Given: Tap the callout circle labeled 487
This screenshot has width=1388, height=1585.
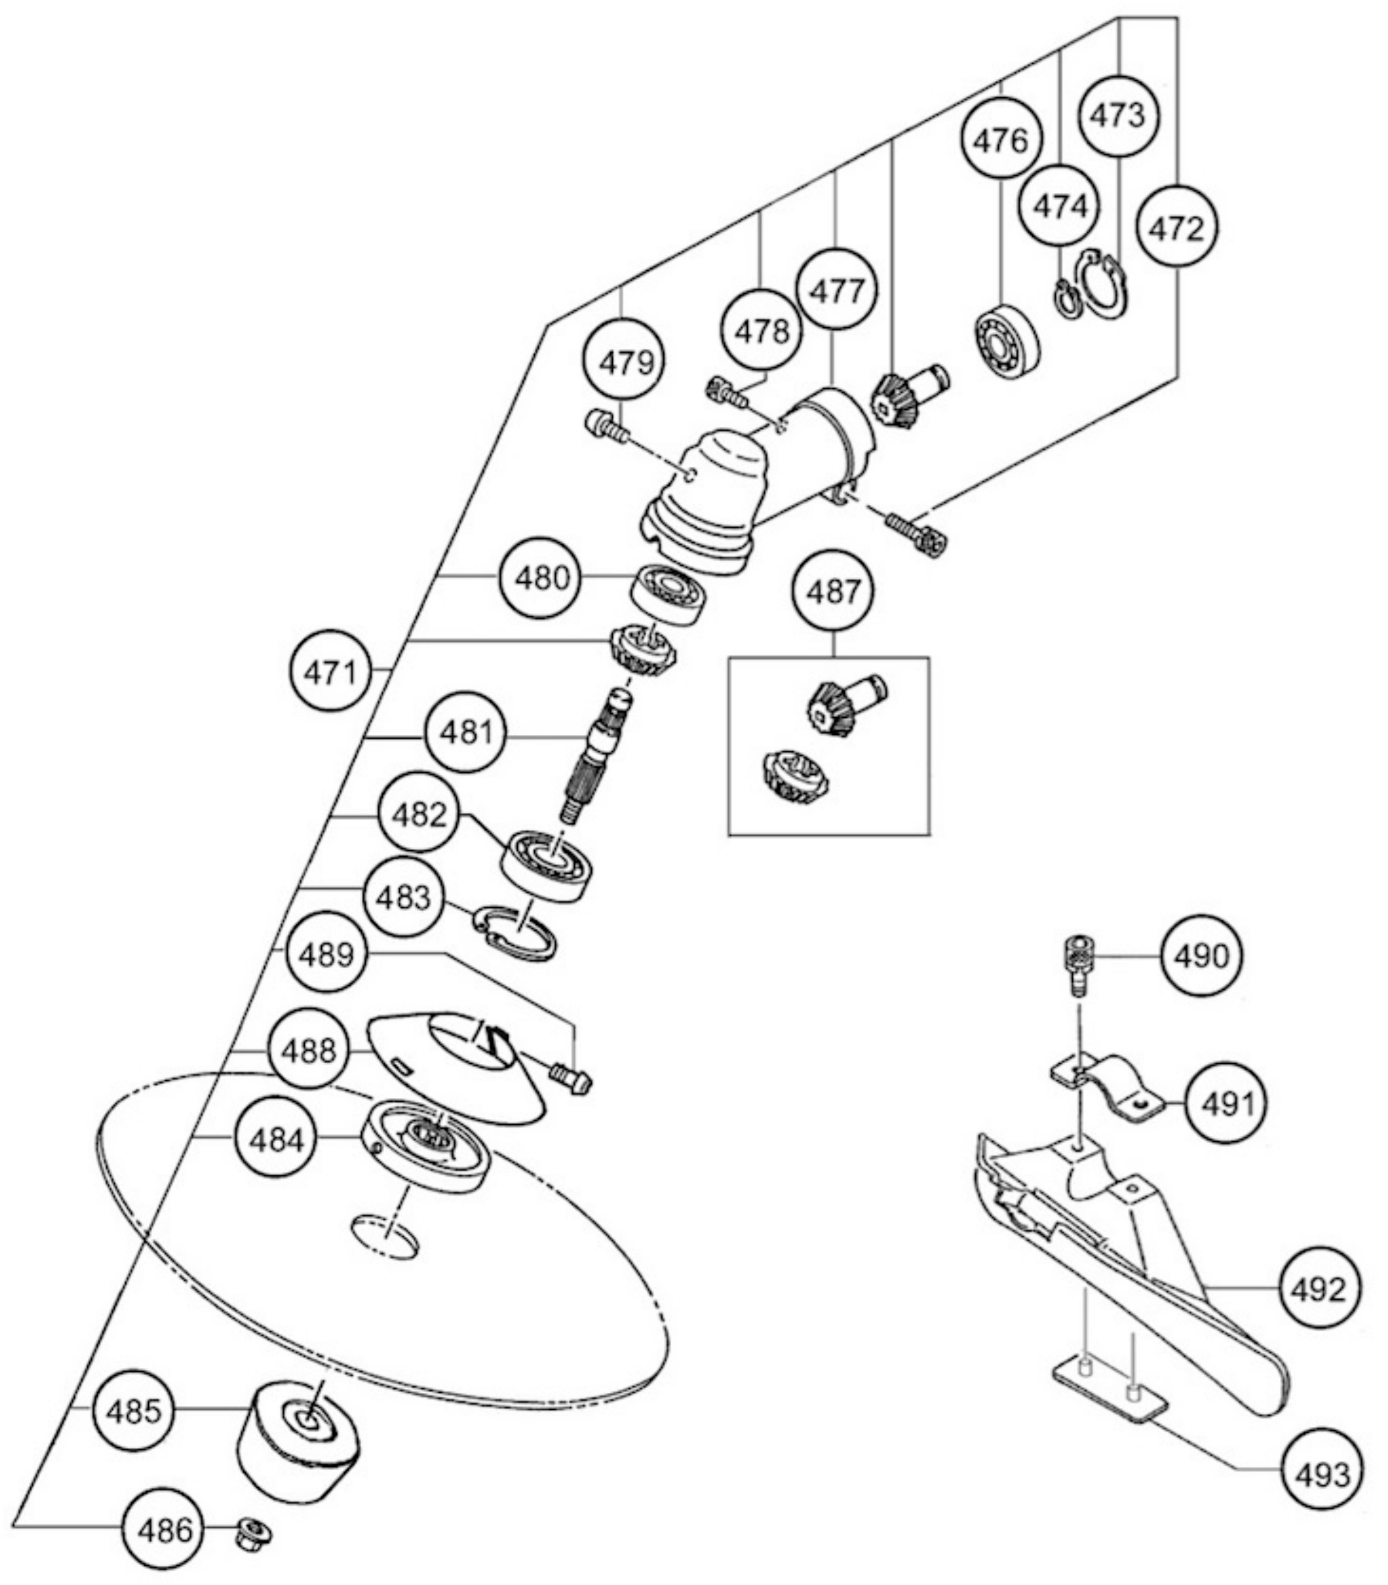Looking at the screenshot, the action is click(x=833, y=592).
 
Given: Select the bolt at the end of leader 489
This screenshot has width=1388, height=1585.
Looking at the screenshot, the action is click(x=570, y=1078).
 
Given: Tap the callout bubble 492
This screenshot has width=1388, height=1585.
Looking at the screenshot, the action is click(x=1318, y=1289).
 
